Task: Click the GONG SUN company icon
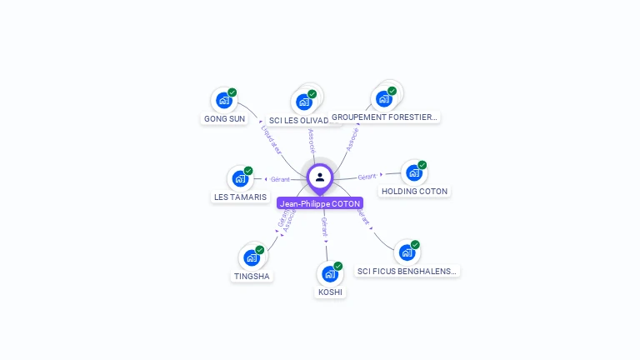tap(222, 100)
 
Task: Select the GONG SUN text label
tap(225, 118)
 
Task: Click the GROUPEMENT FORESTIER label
tap(384, 117)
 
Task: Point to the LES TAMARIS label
tap(241, 197)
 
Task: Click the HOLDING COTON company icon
tap(413, 172)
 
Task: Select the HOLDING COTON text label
tap(414, 192)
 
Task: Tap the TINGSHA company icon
tap(251, 257)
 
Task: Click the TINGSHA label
tap(252, 276)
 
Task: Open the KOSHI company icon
tap(329, 273)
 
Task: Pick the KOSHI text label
tap(330, 292)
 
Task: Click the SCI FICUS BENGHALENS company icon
tap(406, 252)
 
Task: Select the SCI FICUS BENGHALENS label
tap(407, 271)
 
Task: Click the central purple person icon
tap(320, 177)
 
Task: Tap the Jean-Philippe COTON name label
tap(320, 203)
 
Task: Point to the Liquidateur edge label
tap(272, 139)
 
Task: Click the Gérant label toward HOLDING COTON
tap(367, 177)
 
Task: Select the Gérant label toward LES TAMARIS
tap(280, 179)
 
